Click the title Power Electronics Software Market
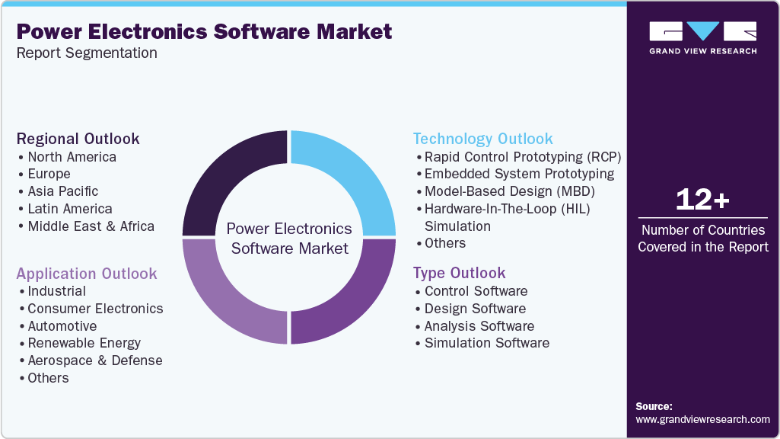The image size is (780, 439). click(x=204, y=31)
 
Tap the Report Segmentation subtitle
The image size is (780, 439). click(x=87, y=53)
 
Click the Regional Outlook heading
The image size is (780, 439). click(x=78, y=139)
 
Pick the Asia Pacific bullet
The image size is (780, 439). click(x=63, y=191)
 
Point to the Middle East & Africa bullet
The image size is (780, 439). click(x=91, y=226)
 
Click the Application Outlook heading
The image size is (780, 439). click(x=87, y=274)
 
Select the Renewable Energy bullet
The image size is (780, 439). click(x=84, y=343)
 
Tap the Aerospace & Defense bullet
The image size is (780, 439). click(x=94, y=360)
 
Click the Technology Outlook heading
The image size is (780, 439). click(x=482, y=139)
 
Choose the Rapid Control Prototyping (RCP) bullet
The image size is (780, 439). click(x=523, y=157)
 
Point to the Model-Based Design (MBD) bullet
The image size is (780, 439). click(x=509, y=191)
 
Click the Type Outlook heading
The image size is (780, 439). click(x=459, y=273)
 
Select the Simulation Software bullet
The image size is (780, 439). click(x=486, y=343)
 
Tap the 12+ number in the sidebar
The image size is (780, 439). click(x=702, y=200)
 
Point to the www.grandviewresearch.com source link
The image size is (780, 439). click(x=702, y=419)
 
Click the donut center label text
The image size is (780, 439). click(x=290, y=239)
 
